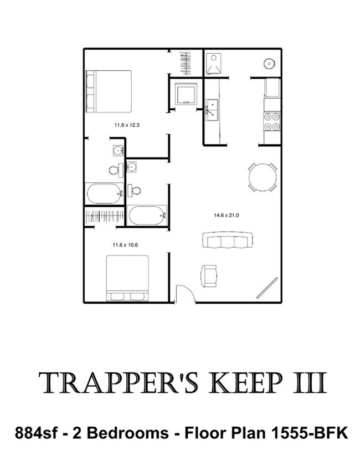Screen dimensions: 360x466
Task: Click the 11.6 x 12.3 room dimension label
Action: click(127, 125)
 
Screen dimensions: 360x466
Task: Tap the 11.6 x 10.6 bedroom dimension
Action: click(125, 245)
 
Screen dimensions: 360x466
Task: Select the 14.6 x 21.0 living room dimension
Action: click(227, 215)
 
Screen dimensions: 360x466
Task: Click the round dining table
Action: click(263, 177)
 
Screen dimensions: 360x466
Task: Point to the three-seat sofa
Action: click(228, 240)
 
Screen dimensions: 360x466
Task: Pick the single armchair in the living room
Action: click(209, 276)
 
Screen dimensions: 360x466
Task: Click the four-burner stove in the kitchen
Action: click(272, 121)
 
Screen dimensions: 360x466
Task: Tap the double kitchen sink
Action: click(212, 110)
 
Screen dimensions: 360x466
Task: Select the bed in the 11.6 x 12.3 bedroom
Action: click(109, 91)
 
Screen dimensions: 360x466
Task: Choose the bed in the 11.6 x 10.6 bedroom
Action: click(127, 278)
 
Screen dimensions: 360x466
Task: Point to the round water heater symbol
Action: click(269, 64)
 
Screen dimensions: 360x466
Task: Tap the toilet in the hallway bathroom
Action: click(134, 191)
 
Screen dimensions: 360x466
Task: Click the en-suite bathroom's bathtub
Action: click(104, 193)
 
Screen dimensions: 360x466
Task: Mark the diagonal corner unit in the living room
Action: click(268, 288)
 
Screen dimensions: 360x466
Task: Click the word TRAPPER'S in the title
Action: click(118, 383)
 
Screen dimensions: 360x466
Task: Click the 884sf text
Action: click(35, 433)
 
